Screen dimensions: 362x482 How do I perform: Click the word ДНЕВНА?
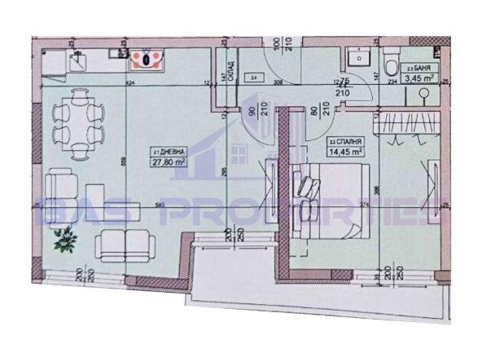click(168, 152)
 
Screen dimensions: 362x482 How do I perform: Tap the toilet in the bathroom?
click(392, 63)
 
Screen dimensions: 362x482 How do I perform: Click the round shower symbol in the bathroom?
click(424, 95)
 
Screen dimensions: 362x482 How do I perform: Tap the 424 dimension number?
click(130, 83)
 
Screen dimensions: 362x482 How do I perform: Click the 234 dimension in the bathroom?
click(392, 82)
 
